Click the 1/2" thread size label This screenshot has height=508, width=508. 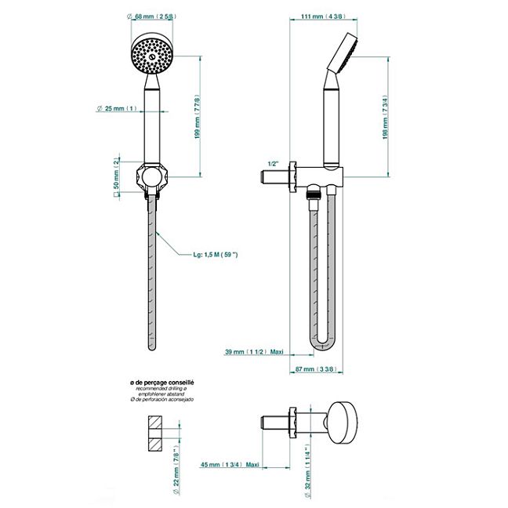(x=274, y=163)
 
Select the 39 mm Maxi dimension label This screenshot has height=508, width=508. (x=252, y=352)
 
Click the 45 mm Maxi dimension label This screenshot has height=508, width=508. (x=230, y=464)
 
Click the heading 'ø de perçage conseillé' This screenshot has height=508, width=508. (x=162, y=381)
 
